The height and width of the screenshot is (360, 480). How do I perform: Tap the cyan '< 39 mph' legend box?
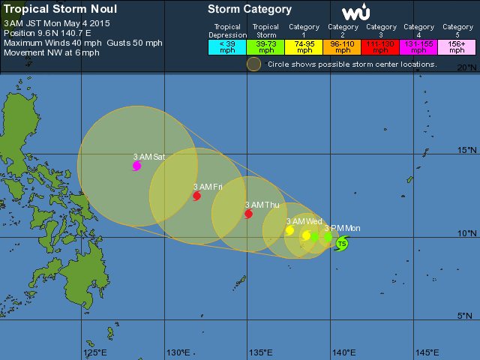(227, 46)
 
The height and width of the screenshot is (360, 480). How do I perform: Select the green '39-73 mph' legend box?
(265, 46)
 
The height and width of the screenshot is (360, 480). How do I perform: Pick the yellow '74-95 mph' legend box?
(304, 46)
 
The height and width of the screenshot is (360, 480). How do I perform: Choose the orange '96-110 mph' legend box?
(342, 46)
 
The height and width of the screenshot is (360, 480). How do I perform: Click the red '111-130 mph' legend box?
(381, 46)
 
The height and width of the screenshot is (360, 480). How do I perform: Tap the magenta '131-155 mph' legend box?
(419, 46)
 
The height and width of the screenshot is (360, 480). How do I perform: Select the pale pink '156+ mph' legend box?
(457, 46)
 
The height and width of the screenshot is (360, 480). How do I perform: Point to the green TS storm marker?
(341, 243)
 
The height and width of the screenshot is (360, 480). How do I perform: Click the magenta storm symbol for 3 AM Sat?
(136, 166)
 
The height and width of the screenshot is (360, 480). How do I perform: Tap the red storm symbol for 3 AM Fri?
(196, 196)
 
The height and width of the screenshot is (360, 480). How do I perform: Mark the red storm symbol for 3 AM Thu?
(248, 214)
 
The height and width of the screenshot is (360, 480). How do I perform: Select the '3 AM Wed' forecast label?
(304, 221)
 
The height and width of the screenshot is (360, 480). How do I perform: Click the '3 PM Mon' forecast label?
(342, 228)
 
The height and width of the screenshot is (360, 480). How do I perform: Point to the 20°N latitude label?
(467, 67)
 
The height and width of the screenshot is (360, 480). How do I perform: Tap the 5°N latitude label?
(469, 315)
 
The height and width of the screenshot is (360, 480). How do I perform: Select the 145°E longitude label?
(427, 352)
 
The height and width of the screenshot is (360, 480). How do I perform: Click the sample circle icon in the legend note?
(254, 64)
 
